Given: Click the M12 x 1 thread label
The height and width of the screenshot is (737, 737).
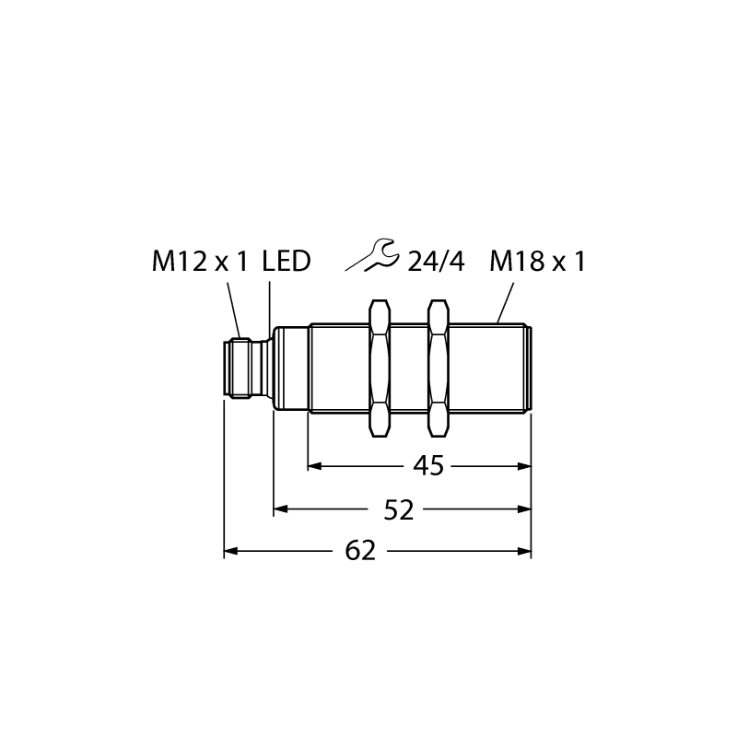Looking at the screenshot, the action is coord(200,262).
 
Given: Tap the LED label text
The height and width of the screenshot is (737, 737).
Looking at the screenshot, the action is coord(287,262).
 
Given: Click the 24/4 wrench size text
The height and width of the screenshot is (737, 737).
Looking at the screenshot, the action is coord(436,262).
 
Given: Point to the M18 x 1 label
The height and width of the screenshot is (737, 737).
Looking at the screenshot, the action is coord(538,262).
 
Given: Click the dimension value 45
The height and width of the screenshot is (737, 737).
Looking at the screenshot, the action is coord(428,466).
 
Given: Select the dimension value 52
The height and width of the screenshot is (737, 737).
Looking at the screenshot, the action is coord(399,509).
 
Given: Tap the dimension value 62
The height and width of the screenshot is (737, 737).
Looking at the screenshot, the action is coord(360,551).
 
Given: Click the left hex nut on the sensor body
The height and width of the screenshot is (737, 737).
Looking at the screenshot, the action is coord(380,368).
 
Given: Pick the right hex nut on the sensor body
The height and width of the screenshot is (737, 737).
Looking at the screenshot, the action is coord(439,368).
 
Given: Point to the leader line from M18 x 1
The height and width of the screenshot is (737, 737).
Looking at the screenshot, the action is coord(505,303).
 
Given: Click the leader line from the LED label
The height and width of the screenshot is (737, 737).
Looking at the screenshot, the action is coord(270,310).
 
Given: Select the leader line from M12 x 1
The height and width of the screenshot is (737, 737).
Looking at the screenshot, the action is coord(234,310).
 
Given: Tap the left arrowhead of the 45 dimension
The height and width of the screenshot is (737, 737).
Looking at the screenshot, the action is coord(314,466).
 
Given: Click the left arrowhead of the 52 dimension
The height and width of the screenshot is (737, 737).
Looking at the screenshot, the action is coord(281,509).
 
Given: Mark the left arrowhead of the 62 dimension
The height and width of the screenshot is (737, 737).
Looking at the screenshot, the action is coord(231,551).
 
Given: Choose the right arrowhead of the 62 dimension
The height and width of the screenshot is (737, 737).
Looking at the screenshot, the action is coord(524,551).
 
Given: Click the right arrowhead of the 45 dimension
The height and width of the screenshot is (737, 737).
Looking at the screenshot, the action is coord(524,466).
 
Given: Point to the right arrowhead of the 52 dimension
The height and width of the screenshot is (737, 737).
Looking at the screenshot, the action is coord(524,509).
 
